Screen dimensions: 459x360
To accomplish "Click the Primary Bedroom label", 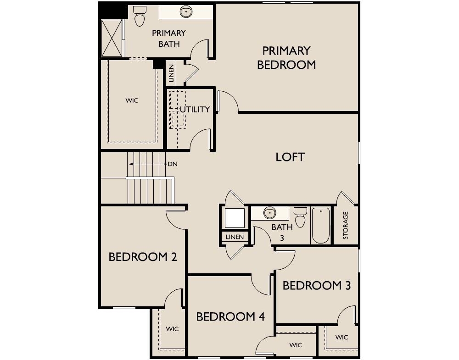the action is click(x=286, y=58).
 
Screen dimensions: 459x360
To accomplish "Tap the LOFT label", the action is click(x=290, y=157).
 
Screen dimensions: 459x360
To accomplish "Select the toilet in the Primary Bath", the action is click(x=139, y=16).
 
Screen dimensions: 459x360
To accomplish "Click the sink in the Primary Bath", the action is click(x=186, y=12).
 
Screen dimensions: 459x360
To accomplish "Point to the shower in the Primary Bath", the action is click(x=112, y=38).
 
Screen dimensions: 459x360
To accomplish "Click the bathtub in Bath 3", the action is click(x=321, y=225).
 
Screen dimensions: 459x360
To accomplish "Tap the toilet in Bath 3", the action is click(x=300, y=217).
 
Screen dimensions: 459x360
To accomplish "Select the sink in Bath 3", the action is click(x=269, y=213).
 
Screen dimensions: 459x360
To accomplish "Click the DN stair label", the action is click(x=173, y=164).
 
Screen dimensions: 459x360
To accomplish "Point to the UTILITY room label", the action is click(x=195, y=109).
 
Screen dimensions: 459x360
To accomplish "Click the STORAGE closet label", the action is click(x=346, y=225).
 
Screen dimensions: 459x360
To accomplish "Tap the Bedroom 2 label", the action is click(x=143, y=257).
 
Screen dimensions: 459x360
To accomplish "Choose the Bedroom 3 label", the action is click(x=316, y=285).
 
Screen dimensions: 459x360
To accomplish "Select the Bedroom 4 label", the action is click(x=230, y=316).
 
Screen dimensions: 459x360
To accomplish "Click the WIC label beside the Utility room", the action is click(x=132, y=100).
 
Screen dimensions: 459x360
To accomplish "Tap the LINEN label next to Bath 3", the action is click(x=235, y=237).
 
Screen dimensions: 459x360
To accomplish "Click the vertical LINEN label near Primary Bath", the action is click(x=171, y=73).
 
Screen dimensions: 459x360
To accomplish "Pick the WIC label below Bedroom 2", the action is click(x=172, y=329).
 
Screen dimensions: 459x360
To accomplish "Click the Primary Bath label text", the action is click(x=169, y=39).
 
